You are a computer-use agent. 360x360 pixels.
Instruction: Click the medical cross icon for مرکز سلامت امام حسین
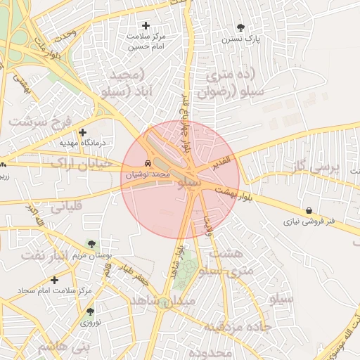[146, 25]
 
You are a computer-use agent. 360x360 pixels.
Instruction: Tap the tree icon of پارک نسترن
[241, 28]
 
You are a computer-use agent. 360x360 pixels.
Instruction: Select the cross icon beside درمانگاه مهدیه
[83, 132]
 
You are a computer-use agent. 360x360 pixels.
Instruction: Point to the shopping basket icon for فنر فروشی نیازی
[309, 210]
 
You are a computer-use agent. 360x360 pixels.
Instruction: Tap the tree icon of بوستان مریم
[91, 244]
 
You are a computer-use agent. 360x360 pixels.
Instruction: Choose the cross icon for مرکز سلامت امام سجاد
[54, 280]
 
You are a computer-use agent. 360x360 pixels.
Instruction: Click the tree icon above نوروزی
[90, 311]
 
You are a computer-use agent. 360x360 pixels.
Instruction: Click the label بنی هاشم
[65, 347]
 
